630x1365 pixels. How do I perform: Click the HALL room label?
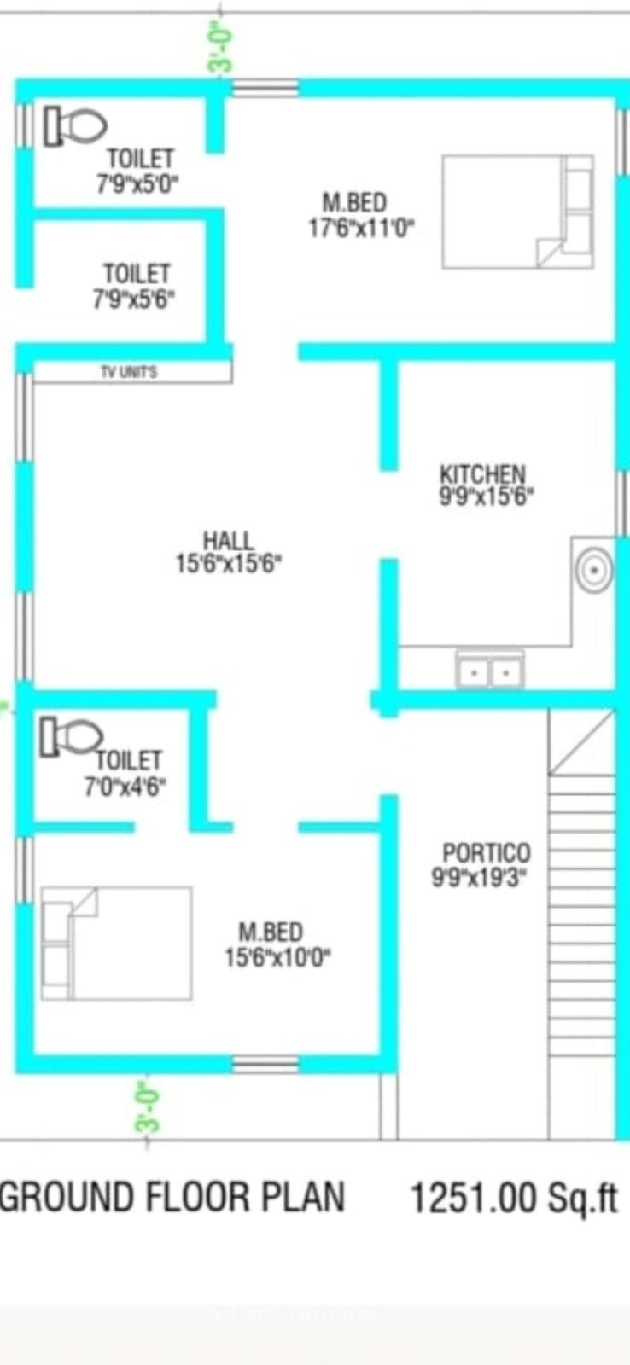[x=229, y=541]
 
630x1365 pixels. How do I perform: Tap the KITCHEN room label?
[x=482, y=474]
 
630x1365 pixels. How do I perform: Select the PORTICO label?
[x=487, y=852]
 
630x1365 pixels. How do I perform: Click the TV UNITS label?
[x=129, y=372]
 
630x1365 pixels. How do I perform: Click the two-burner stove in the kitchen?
[x=490, y=671]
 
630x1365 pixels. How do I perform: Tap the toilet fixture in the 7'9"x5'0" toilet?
[x=75, y=126]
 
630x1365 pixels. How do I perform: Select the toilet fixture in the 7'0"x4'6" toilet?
[x=72, y=737]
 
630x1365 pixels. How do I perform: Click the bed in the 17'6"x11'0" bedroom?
[x=518, y=212]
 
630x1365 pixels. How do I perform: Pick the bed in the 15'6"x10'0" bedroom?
[x=116, y=944]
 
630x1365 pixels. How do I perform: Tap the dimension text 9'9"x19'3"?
[x=480, y=878]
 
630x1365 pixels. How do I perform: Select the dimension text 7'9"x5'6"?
[x=134, y=299]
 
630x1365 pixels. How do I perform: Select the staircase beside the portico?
[x=582, y=923]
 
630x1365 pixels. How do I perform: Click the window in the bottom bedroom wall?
[x=265, y=1065]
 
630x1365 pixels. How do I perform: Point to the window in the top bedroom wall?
[x=265, y=89]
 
